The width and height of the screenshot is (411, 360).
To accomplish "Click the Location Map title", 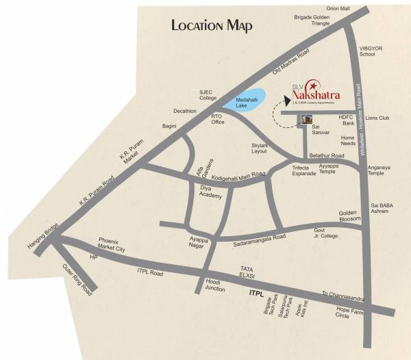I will [212, 26].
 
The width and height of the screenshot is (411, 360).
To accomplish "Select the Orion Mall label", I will [338, 8].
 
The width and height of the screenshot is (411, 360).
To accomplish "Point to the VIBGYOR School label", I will [367, 50].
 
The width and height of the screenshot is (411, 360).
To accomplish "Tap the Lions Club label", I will [377, 118].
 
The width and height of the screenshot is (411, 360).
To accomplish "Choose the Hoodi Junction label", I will [216, 285].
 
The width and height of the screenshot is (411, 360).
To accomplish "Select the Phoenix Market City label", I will [112, 245].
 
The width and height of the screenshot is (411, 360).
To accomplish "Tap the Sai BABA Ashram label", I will [381, 208].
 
